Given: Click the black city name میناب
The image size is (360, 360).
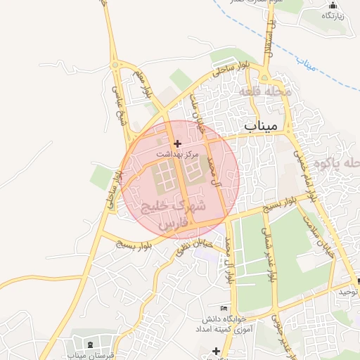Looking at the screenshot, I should click(262, 126).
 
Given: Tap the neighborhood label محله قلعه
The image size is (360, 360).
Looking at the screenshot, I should click(259, 91).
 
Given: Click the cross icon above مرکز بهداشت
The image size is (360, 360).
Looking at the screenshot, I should click(176, 143).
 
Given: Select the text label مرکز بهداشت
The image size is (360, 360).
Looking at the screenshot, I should click(177, 153).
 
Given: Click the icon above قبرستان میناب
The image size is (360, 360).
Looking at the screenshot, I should click(92, 344).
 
